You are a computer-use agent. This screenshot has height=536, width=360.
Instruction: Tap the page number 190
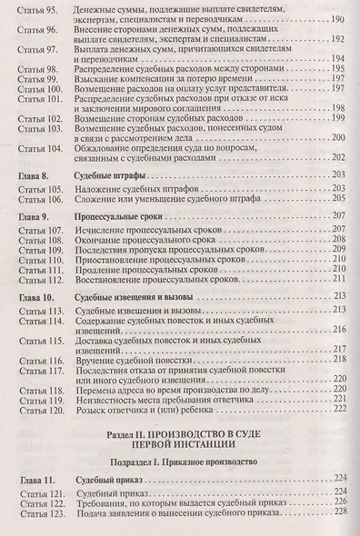click(340, 19)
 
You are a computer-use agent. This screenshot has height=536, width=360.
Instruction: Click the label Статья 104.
click(36, 147)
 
